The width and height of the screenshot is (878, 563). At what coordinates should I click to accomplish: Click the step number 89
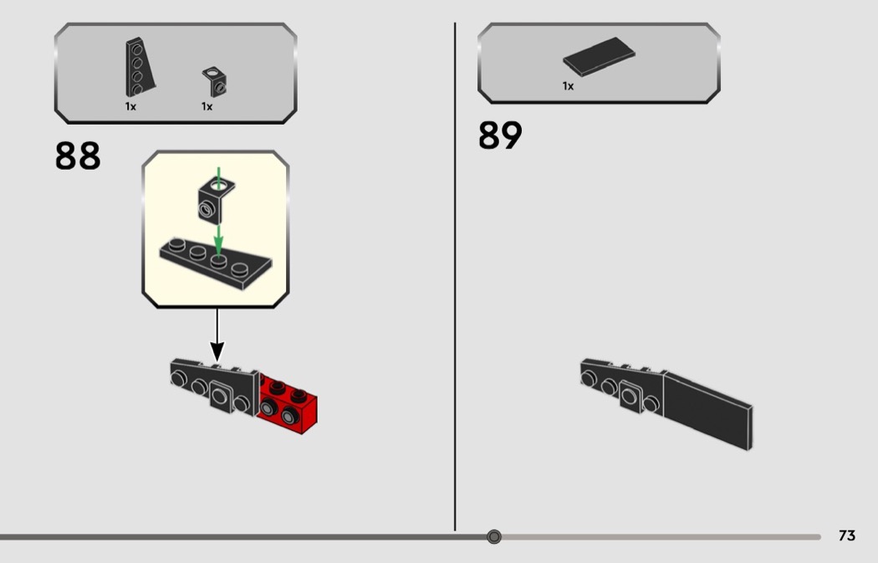pyautogui.click(x=500, y=135)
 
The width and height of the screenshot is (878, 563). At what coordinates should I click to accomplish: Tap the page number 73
pyautogui.click(x=846, y=535)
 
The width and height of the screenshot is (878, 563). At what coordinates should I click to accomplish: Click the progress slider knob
pyautogui.click(x=494, y=537)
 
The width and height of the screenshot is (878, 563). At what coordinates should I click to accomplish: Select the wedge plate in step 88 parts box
pyautogui.click(x=139, y=67)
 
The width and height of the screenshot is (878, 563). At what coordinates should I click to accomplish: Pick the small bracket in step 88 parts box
pyautogui.click(x=215, y=81)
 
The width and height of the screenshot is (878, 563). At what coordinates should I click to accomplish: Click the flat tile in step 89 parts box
pyautogui.click(x=599, y=57)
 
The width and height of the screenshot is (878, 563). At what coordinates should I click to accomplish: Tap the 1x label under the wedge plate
pyautogui.click(x=130, y=106)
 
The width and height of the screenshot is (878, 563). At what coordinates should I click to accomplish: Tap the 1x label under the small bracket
pyautogui.click(x=207, y=106)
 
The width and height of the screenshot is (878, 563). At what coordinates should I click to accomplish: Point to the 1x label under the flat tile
pyautogui.click(x=569, y=86)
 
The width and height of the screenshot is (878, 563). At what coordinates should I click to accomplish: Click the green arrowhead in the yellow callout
pyautogui.click(x=218, y=248)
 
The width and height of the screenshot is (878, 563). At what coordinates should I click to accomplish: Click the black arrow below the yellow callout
pyautogui.click(x=217, y=335)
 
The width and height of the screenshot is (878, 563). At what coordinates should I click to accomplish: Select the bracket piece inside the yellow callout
pyautogui.click(x=216, y=199)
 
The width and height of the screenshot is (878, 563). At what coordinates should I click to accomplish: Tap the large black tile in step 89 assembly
pyautogui.click(x=707, y=410)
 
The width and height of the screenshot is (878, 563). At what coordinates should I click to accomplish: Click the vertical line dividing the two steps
pyautogui.click(x=455, y=276)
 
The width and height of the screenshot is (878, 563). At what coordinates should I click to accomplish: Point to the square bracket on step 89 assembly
pyautogui.click(x=631, y=396)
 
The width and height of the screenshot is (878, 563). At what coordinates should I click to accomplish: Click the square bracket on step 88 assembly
pyautogui.click(x=222, y=396)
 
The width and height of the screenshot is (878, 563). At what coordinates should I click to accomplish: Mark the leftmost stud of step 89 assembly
pyautogui.click(x=587, y=379)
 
